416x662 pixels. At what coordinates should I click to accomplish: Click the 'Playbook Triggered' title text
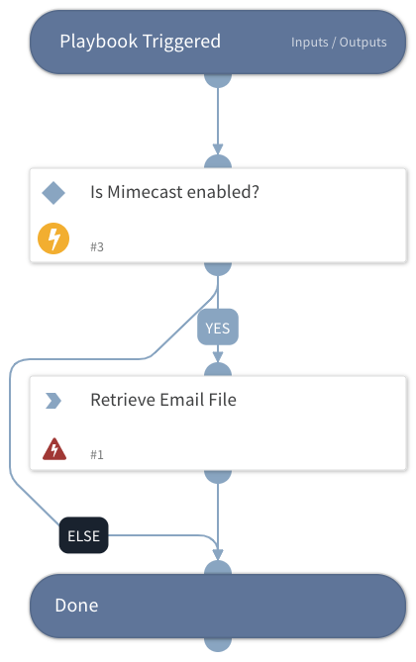click(x=140, y=42)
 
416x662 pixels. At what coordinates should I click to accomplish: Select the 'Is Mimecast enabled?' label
click(x=174, y=192)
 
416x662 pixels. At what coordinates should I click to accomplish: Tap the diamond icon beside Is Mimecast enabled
click(x=53, y=193)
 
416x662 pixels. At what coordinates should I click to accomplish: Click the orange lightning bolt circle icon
click(x=53, y=240)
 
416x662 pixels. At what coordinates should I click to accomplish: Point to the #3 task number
click(x=97, y=245)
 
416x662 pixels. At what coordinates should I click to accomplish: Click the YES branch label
click(x=218, y=326)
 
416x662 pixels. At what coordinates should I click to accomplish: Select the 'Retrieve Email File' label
click(x=163, y=401)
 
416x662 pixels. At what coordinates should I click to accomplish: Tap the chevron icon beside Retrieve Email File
click(x=53, y=401)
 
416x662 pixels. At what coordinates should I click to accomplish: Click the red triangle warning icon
click(x=54, y=450)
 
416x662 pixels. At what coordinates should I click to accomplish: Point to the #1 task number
click(x=97, y=454)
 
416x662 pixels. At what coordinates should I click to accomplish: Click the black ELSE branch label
click(x=84, y=537)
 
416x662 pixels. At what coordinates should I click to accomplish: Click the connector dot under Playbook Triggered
click(x=218, y=80)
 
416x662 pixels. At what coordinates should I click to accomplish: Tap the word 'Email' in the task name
click(x=182, y=401)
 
